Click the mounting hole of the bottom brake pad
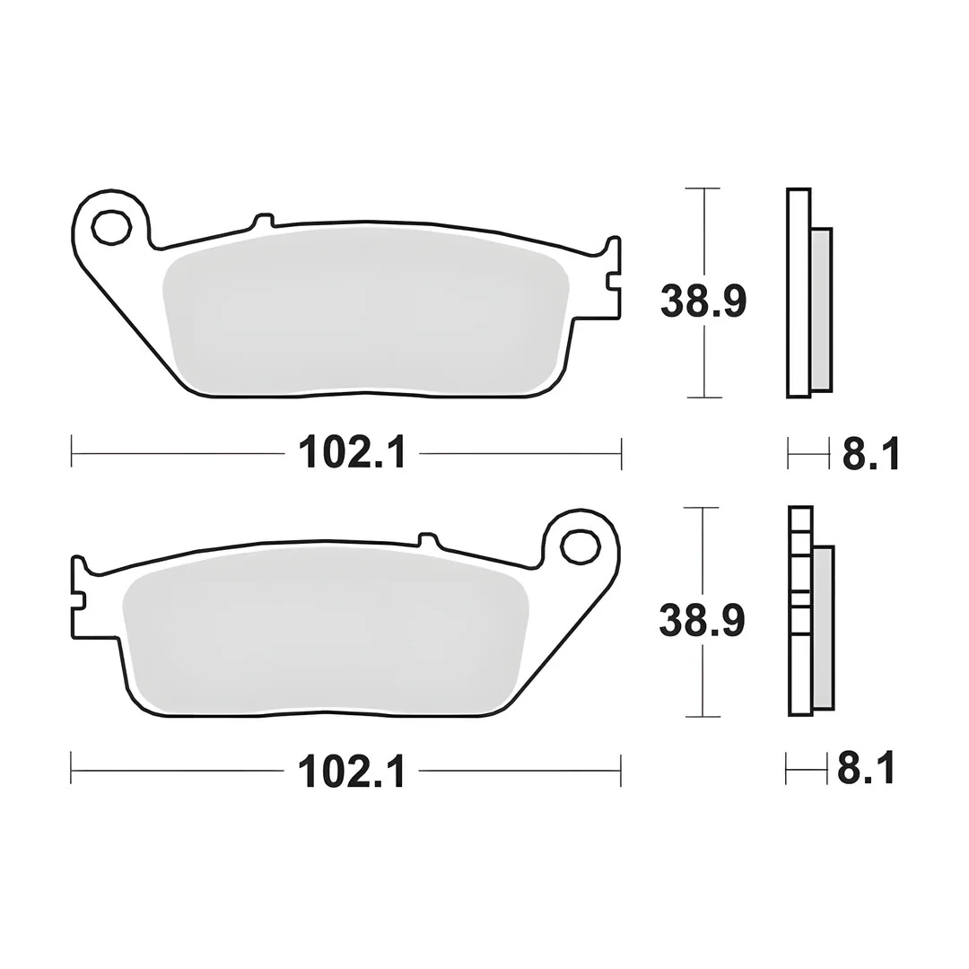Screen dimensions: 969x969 pyautogui.click(x=580, y=546)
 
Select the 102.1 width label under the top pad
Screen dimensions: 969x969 pyautogui.click(x=352, y=453)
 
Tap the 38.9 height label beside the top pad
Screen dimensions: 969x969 pyautogui.click(x=703, y=301)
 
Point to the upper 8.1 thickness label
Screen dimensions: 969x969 pyautogui.click(x=869, y=453)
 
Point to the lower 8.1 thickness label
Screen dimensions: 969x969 pyautogui.click(x=866, y=770)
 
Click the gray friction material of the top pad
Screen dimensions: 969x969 pyautogui.click(x=363, y=310)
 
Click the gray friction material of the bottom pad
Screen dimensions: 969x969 pyautogui.click(x=323, y=628)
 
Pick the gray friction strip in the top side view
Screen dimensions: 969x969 pyautogui.click(x=821, y=310)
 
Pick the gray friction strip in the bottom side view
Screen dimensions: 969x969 pyautogui.click(x=823, y=626)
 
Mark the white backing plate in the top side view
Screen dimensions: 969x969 pyautogui.click(x=799, y=292)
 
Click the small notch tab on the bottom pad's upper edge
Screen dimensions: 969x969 pyautogui.click(x=427, y=538)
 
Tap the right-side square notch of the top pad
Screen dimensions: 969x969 pyautogui.click(x=612, y=281)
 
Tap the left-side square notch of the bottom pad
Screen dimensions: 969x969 pyautogui.click(x=79, y=599)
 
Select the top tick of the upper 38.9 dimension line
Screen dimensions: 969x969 pyautogui.click(x=703, y=188)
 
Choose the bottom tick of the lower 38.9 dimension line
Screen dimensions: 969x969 pyautogui.click(x=702, y=716)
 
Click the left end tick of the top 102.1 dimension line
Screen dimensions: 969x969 pyautogui.click(x=72, y=453)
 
